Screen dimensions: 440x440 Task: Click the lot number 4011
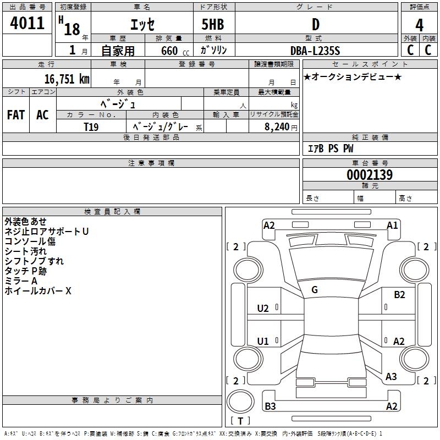[28, 23]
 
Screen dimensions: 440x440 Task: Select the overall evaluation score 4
[419, 25]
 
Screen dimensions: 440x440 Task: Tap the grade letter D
[315, 24]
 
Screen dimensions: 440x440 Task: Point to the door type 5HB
[213, 24]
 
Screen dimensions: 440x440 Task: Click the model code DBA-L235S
[315, 51]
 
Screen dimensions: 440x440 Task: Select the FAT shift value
[15, 115]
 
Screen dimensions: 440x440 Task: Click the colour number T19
[91, 127]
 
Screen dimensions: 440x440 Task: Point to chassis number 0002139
[370, 175]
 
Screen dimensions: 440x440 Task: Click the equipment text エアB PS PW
[330, 148]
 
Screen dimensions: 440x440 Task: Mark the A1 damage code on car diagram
[392, 225]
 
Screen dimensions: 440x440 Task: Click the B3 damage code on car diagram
[271, 406]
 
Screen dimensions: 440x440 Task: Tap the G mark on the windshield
[315, 290]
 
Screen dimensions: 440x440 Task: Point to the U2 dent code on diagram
[263, 309]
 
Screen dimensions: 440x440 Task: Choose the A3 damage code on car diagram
[391, 377]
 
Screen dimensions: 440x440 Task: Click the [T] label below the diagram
[240, 421]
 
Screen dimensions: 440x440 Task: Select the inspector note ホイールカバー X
[38, 291]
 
